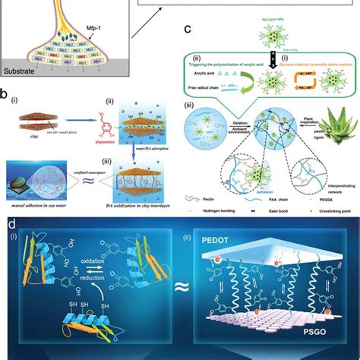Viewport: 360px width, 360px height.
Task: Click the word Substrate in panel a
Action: click(23, 77)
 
